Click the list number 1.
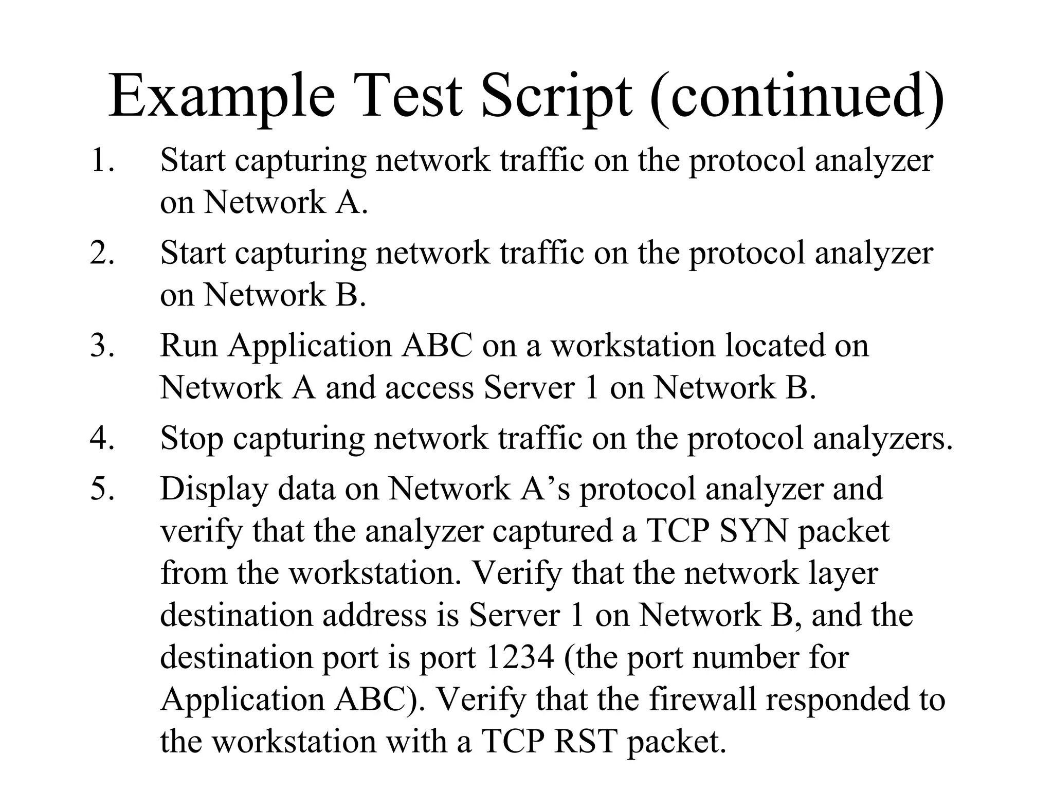(x=102, y=160)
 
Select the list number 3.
(x=102, y=346)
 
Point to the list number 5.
(x=102, y=489)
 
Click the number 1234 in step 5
(x=519, y=657)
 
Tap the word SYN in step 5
(x=753, y=531)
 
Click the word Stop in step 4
(x=192, y=439)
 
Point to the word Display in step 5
(x=214, y=490)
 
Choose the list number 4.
(x=102, y=439)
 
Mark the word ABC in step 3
(x=437, y=346)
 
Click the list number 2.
(x=102, y=253)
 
